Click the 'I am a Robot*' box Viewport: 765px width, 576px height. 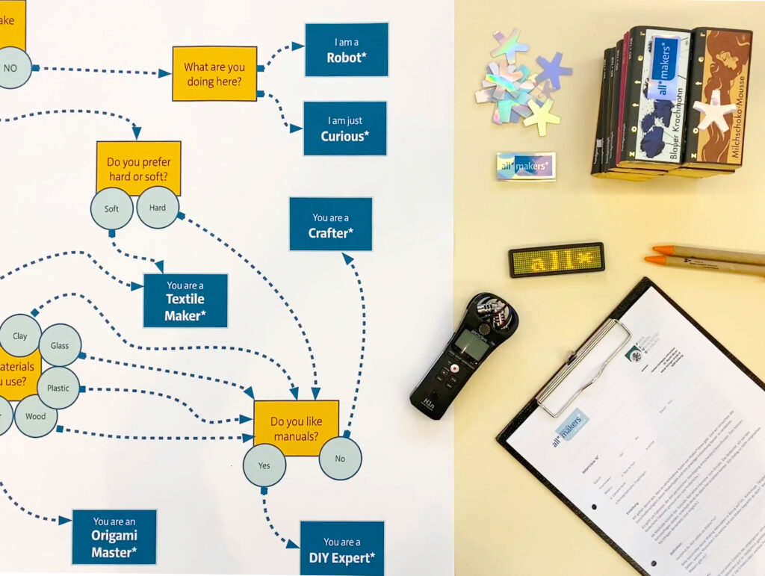(x=346, y=49)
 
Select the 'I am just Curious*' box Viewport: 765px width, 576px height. (x=344, y=128)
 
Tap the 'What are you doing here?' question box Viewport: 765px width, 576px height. (x=214, y=73)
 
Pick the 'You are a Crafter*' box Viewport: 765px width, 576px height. (x=330, y=224)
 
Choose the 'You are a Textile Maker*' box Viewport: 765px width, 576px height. (x=185, y=300)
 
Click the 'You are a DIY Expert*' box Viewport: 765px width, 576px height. (x=341, y=549)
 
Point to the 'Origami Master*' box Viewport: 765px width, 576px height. (x=114, y=536)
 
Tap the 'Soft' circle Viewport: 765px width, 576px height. (x=112, y=208)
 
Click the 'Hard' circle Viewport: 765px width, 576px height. (x=158, y=207)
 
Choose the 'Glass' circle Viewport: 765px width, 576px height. (x=60, y=346)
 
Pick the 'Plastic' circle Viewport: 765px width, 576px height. (x=58, y=388)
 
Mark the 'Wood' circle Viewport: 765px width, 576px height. (x=36, y=416)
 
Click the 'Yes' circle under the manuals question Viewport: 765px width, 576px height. (x=264, y=465)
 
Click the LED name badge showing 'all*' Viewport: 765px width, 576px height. (x=557, y=259)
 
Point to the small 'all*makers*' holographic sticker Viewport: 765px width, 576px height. (x=526, y=166)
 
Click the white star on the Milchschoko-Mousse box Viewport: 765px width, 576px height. (x=715, y=110)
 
